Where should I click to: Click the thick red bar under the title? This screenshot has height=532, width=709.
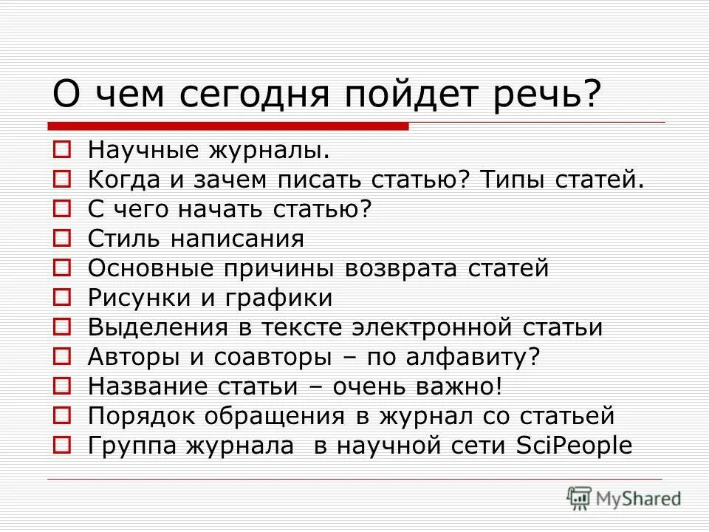pyautogui.click(x=228, y=126)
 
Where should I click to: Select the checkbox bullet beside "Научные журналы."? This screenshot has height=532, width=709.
pyautogui.click(x=63, y=151)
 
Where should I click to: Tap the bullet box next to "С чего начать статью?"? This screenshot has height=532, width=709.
pyautogui.click(x=63, y=209)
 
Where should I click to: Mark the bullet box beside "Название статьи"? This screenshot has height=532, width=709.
pyautogui.click(x=63, y=386)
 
